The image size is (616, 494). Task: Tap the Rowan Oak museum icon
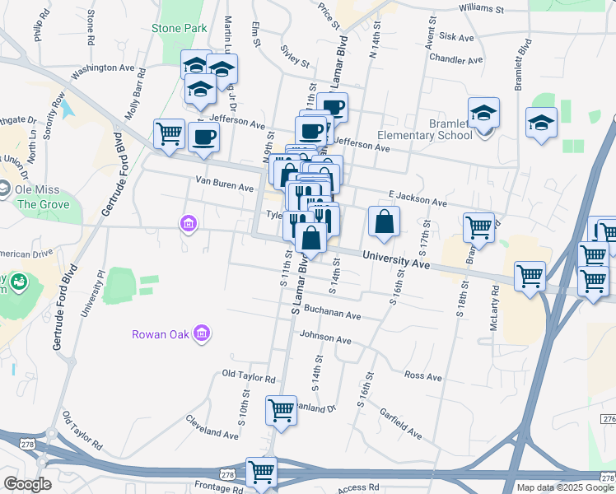click(203, 333)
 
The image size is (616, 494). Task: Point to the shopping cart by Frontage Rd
click(261, 473)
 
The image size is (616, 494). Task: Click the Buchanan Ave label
click(333, 314)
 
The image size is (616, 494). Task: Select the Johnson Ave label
click(325, 337)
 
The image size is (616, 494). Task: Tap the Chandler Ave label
click(455, 60)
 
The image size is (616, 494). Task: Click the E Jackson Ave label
click(418, 199)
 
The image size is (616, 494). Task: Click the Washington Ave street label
click(102, 72)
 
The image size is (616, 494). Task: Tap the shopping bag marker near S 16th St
click(384, 221)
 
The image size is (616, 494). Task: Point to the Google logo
click(27, 484)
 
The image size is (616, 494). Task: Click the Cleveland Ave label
click(212, 431)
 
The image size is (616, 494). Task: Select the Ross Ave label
click(423, 375)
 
